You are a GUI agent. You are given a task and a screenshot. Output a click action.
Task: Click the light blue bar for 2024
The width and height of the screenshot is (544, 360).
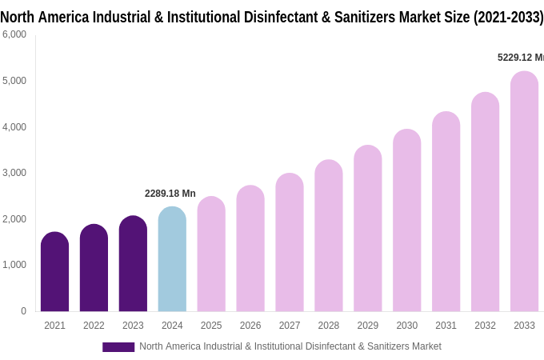(172, 259)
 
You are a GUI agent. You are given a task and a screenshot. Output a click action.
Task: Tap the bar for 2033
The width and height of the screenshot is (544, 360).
(524, 192)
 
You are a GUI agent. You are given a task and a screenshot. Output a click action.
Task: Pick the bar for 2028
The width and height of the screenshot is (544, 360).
(328, 236)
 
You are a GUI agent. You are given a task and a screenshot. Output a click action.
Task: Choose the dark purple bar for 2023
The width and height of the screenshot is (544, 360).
(133, 264)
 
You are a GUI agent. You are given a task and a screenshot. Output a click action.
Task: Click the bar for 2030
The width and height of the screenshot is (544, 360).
(406, 221)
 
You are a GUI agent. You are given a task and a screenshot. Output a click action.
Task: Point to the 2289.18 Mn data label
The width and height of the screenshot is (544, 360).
(170, 194)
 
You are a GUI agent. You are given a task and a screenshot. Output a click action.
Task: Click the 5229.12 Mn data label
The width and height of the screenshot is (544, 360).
(520, 58)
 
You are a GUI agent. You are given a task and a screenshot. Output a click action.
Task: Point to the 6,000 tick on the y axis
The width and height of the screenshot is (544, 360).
(14, 34)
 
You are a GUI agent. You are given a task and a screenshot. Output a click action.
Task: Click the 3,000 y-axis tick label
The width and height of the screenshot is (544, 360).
(14, 173)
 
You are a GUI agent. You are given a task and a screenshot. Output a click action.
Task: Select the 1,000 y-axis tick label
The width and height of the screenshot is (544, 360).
(14, 265)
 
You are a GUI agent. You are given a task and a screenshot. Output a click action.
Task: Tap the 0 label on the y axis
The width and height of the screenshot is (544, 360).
(23, 311)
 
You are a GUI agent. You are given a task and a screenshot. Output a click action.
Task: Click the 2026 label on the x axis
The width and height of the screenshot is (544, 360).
(250, 326)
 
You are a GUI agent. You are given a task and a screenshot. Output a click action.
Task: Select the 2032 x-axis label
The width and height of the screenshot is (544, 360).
(485, 326)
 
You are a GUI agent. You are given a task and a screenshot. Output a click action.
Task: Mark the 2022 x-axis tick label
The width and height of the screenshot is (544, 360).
(94, 326)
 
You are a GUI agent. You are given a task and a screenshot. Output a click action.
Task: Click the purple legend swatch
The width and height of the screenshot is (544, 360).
(118, 346)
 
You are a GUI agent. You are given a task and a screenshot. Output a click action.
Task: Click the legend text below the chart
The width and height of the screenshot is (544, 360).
(290, 346)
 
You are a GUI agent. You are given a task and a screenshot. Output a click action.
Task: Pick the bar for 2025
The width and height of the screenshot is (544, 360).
(211, 254)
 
